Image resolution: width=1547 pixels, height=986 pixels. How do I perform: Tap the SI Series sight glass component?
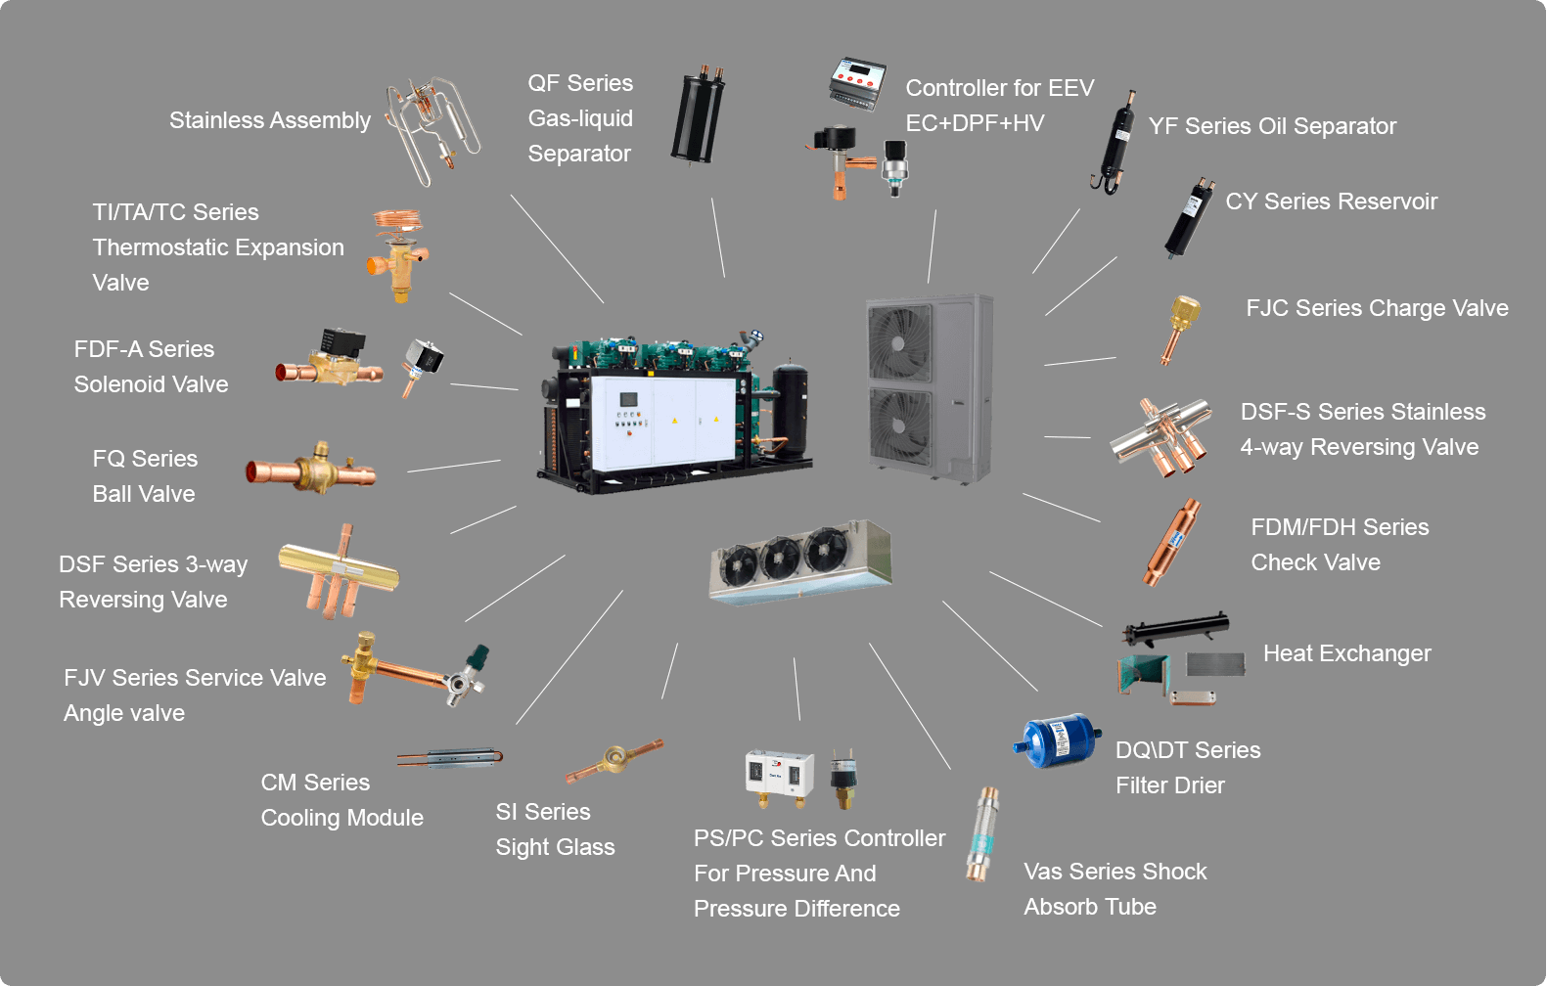pyautogui.click(x=614, y=760)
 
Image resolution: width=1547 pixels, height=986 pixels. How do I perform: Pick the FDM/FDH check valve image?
pyautogui.click(x=1171, y=542)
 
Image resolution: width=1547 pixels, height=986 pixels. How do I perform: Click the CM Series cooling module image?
pyautogui.click(x=451, y=759)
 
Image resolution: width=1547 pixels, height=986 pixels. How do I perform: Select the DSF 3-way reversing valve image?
pyautogui.click(x=339, y=571)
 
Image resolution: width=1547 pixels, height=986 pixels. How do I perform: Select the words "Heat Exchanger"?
pyautogui.click(x=1346, y=653)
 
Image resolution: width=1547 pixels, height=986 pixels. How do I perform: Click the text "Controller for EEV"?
pyautogui.click(x=999, y=88)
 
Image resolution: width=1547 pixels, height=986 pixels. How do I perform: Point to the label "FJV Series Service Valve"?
pyautogui.click(x=195, y=678)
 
